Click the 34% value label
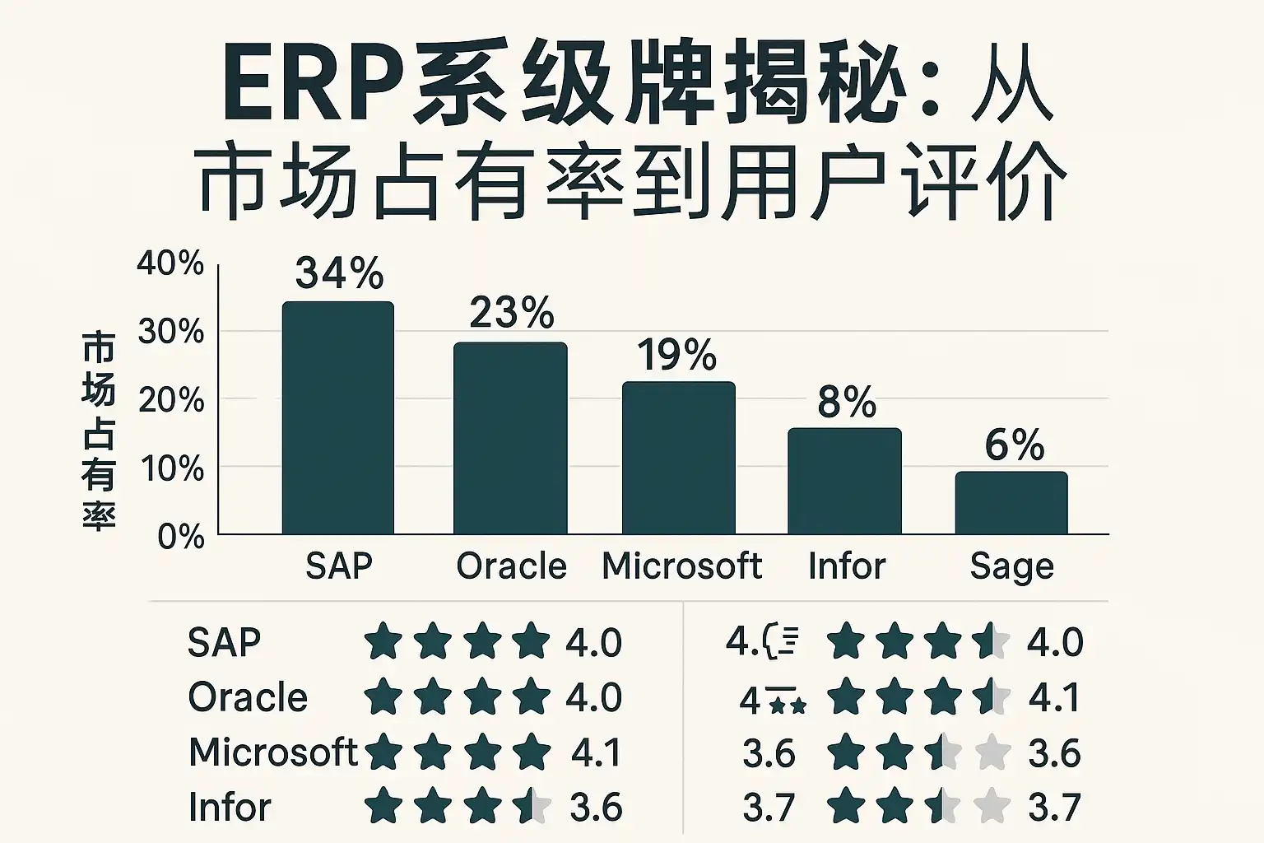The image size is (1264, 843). (339, 272)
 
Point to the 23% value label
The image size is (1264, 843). (511, 313)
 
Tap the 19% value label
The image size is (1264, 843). (676, 356)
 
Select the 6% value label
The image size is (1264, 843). (1015, 445)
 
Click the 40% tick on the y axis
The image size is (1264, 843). (170, 263)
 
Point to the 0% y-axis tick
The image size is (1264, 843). (181, 537)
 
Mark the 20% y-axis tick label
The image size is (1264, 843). (171, 400)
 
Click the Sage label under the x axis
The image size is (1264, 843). (1011, 566)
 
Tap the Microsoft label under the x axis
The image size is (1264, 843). (681, 566)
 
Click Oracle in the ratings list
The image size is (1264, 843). (248, 698)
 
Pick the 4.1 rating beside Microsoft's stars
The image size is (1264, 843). (596, 752)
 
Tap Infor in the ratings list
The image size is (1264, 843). (230, 807)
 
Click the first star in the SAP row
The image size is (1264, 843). (383, 642)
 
